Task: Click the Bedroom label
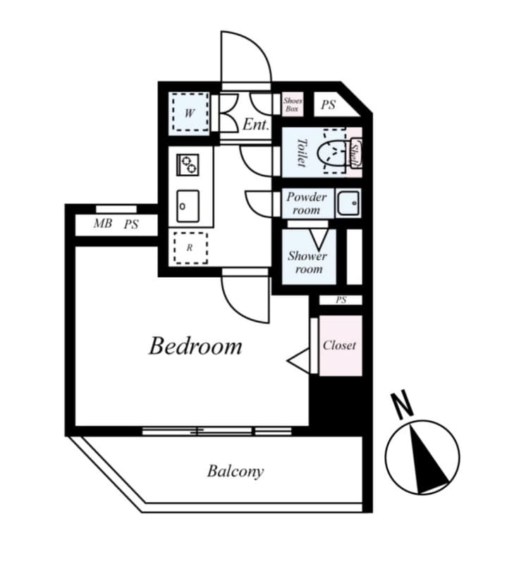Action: (195, 346)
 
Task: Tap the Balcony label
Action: (235, 471)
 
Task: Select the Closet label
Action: (339, 345)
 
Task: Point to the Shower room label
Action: (307, 262)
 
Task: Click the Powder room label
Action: (306, 203)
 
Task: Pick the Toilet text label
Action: (301, 152)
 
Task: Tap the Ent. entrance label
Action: (256, 125)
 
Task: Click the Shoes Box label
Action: (293, 105)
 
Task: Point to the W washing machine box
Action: (190, 113)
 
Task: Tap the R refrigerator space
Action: (190, 247)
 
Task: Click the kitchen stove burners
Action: (189, 166)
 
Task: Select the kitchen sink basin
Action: (189, 206)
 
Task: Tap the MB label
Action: (102, 225)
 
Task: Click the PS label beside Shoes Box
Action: (329, 105)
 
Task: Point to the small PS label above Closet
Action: (341, 300)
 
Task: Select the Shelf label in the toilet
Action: (355, 152)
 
